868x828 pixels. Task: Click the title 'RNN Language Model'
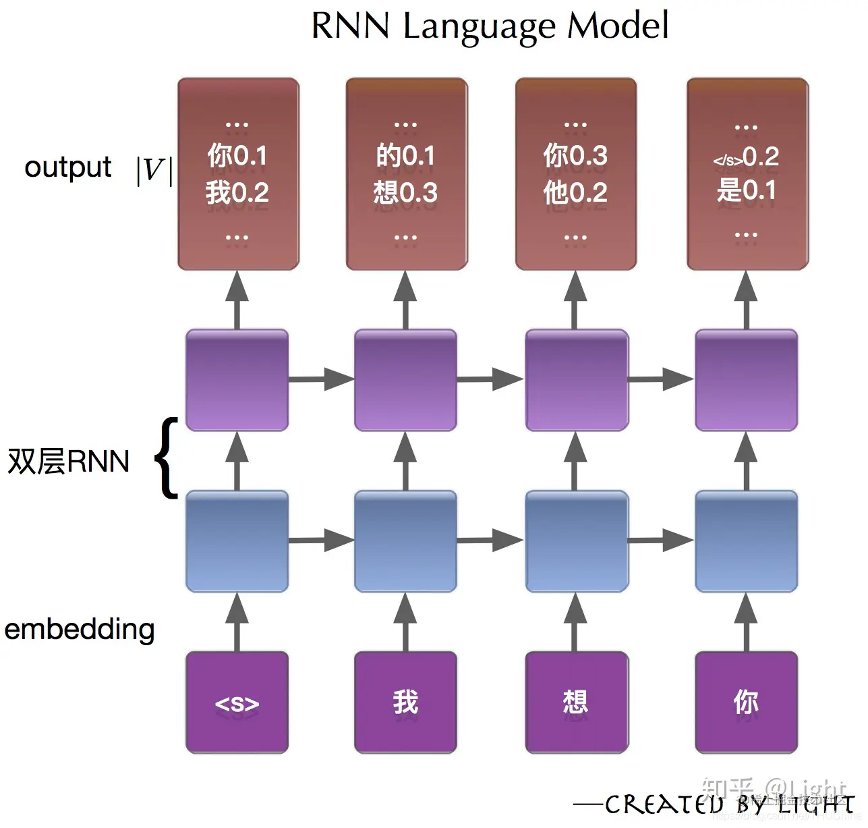coord(490,27)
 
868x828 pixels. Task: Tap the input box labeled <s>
coord(237,702)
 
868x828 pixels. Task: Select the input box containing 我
coord(405,702)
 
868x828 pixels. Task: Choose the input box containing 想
coord(576,702)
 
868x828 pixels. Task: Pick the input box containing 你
coord(746,702)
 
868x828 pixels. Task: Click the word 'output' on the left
coord(67,167)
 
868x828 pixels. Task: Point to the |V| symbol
coord(154,170)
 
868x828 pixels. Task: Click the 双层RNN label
coord(68,462)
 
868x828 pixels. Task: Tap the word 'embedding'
coord(80,629)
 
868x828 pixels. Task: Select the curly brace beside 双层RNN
coord(167,458)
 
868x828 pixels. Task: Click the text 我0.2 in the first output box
coord(237,193)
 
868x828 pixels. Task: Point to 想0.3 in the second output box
coord(405,193)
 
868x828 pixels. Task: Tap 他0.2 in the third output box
coord(575,193)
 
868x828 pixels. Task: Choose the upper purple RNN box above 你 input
coord(746,380)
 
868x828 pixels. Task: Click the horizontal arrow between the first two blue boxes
coord(321,541)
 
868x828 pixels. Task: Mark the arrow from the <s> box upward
coord(237,622)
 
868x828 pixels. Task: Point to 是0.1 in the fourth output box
coord(746,190)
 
